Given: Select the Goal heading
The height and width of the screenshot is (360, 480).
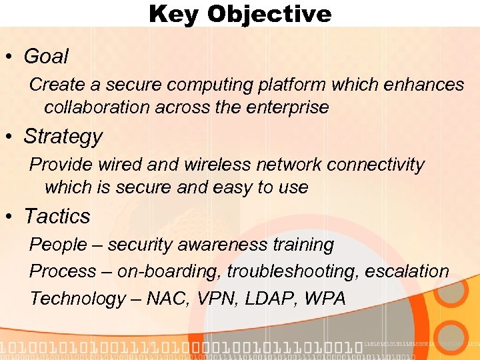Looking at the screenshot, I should point(46,57).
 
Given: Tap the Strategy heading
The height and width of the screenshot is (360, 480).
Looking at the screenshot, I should point(63,137).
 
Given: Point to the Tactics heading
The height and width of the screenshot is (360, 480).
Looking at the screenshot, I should point(57,217).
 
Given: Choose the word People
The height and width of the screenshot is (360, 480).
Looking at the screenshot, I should point(58,245).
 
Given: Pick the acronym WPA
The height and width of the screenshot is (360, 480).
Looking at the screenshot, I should point(325,299).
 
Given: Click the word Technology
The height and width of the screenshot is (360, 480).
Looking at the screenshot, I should point(77,299).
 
